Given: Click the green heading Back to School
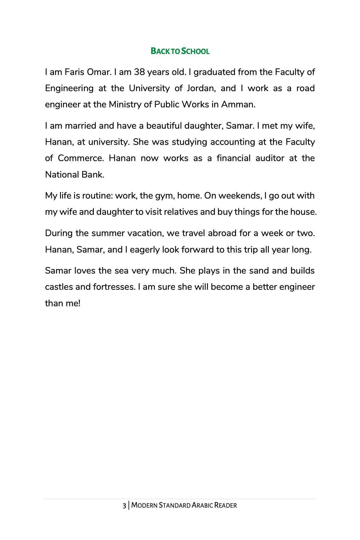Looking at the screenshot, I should (x=180, y=51).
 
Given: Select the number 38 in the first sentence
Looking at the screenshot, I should (x=139, y=72).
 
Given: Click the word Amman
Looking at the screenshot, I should (x=238, y=104).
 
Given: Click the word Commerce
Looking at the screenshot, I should (x=81, y=158).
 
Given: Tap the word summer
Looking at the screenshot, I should (x=105, y=233).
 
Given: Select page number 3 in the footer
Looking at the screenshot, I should (x=124, y=505).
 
